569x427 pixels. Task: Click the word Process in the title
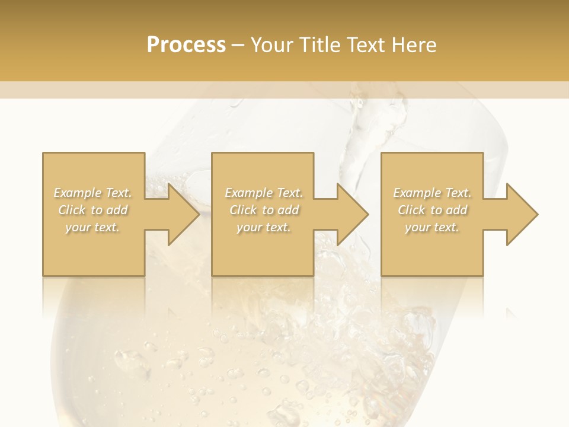186,45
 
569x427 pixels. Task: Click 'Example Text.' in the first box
93,193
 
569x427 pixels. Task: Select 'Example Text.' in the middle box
264,193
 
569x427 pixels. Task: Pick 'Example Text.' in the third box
432,193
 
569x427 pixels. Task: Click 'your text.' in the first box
92,227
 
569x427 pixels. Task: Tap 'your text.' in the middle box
264,227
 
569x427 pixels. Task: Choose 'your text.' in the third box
432,227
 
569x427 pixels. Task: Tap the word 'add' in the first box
117,210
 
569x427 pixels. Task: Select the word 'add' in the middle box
288,210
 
